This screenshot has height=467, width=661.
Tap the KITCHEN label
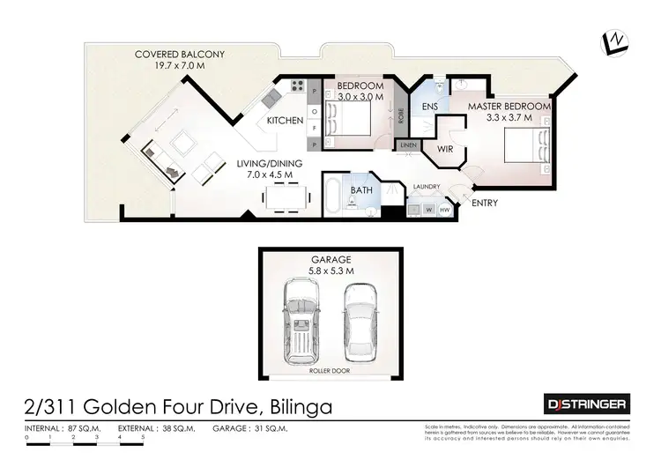point(286,121)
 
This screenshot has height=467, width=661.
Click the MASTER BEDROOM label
point(509,107)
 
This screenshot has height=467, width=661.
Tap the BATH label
point(361,190)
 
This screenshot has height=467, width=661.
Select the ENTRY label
point(485,204)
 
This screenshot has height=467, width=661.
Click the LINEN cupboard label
point(407,145)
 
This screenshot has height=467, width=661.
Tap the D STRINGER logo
point(586,404)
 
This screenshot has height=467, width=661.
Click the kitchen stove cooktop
point(298,88)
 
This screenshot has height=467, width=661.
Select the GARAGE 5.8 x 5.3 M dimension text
point(331,265)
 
